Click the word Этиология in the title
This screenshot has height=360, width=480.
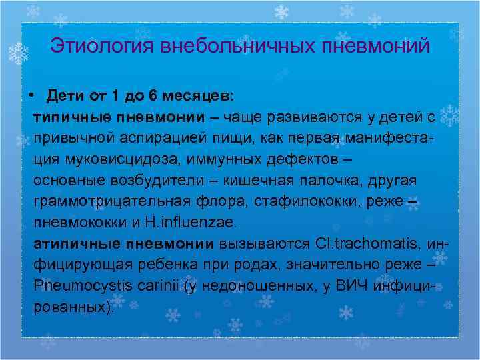pyautogui.click(x=94, y=47)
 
